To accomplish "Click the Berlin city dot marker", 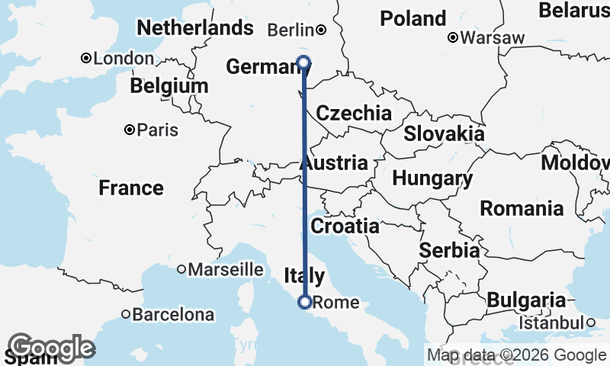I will point(321,30).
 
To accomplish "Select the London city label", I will point(123,59).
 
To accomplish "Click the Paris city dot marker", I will point(130,130).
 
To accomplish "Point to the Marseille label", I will point(225,269).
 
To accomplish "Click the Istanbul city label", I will point(551,323).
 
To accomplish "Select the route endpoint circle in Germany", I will point(304,63).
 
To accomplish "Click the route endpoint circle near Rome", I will point(304,302).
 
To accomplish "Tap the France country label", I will point(131,188).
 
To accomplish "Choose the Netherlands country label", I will point(194,28).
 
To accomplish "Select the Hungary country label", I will point(432,179).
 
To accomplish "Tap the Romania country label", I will point(522,208).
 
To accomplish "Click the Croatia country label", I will point(345,226).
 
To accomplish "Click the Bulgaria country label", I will point(527,300).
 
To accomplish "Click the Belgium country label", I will point(169,86).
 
